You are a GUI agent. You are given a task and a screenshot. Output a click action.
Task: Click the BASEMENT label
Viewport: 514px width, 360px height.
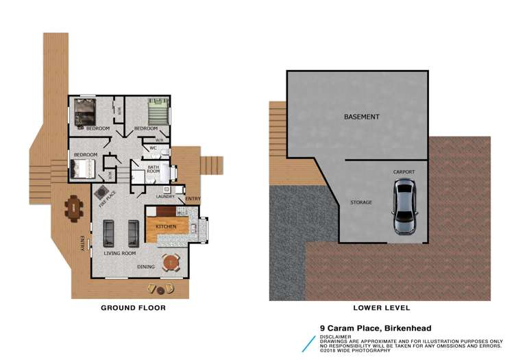point(361,117)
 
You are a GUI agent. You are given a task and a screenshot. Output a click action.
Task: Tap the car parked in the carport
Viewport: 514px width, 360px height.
point(404,207)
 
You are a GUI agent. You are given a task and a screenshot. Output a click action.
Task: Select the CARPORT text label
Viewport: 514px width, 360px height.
point(404,171)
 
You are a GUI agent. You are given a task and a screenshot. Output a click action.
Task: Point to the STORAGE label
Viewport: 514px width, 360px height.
point(360,202)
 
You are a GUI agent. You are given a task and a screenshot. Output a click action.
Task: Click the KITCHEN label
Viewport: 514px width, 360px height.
point(166,226)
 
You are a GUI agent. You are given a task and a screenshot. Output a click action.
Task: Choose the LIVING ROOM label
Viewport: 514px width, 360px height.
point(120,253)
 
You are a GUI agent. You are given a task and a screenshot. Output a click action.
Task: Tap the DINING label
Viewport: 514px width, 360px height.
point(145,267)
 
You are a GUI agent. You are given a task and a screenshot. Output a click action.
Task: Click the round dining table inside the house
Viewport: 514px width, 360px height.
point(170,262)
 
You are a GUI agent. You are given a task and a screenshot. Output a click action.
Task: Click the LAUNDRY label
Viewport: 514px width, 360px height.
point(166,197)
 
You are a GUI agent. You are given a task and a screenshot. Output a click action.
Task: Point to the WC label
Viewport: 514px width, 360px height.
point(154,147)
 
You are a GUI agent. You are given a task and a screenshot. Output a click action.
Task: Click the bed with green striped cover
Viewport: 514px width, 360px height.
point(158,110)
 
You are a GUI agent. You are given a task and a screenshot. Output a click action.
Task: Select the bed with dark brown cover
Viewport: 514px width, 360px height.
point(88,112)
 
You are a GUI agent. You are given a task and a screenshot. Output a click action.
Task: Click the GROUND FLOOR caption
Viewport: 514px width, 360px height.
point(133,308)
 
